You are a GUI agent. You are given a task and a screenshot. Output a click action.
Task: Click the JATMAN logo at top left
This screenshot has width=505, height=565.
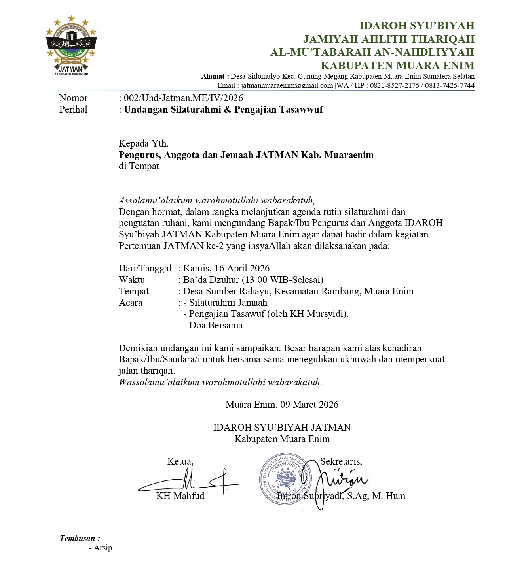(71, 45)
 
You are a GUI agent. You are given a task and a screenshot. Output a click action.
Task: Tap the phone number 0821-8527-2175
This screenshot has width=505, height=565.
(395, 85)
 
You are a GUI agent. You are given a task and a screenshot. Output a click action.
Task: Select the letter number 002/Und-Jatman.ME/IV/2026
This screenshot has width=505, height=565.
(184, 98)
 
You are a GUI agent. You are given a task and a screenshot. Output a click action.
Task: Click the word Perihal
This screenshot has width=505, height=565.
(73, 109)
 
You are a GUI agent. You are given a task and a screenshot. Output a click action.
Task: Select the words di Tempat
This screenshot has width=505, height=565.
(139, 166)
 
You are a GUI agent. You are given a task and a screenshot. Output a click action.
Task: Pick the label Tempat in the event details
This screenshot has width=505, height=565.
(134, 291)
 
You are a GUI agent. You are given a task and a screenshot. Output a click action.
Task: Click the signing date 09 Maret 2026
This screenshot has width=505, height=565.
(309, 404)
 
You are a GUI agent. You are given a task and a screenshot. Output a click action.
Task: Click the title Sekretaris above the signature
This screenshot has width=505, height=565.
(341, 461)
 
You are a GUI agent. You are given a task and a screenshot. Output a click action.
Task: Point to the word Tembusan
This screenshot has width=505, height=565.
(78, 538)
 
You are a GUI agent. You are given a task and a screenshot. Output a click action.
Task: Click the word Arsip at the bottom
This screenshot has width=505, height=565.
(103, 548)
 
